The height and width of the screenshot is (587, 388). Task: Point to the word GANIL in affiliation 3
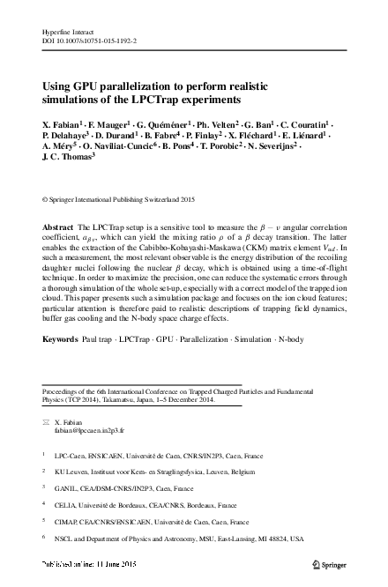click(x=65, y=487)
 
